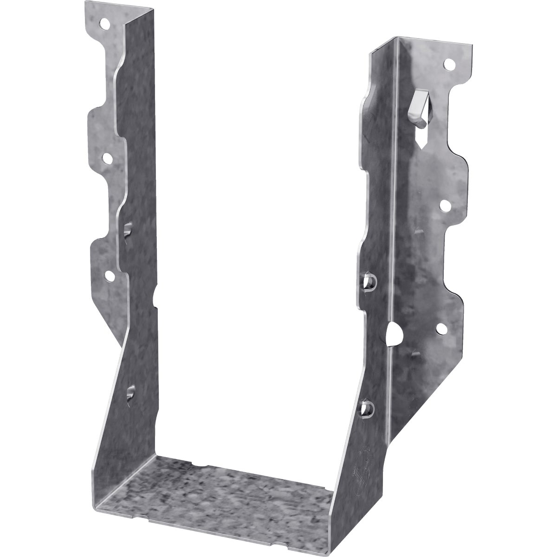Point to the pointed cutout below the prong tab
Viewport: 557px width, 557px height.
click(x=421, y=140)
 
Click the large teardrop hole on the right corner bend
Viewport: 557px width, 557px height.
click(x=392, y=333)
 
